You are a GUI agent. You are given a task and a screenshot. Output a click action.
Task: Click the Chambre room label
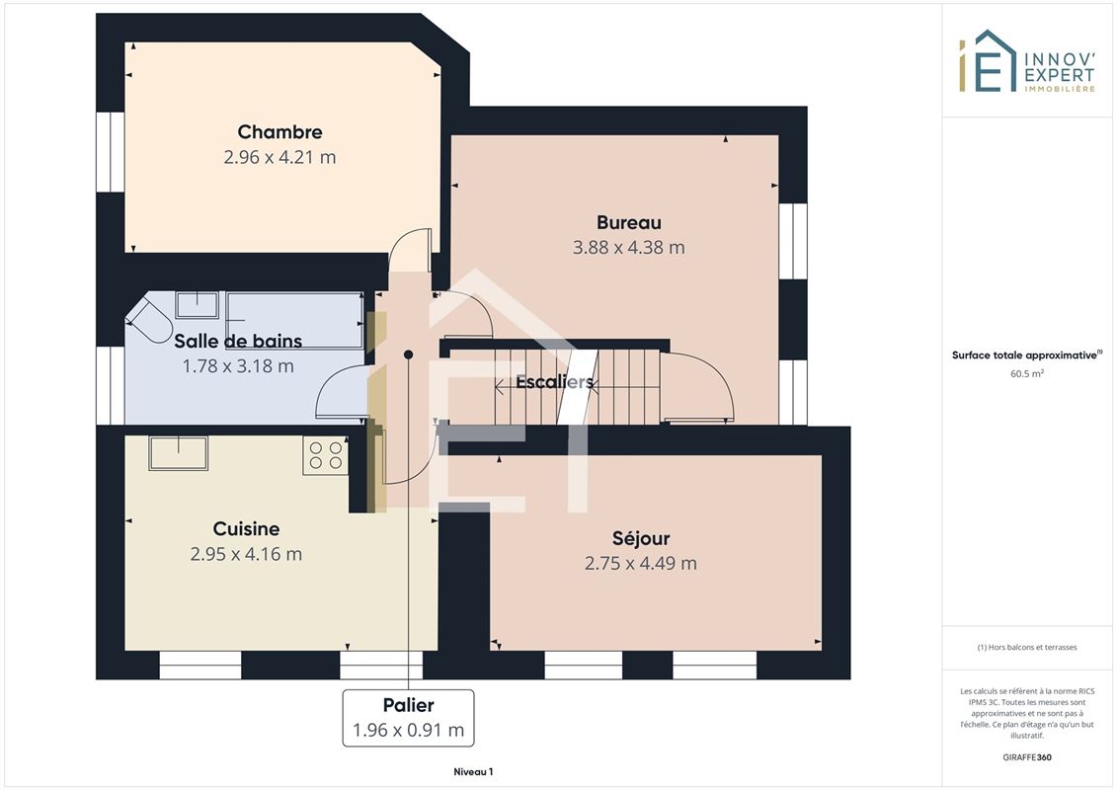tap(279, 131)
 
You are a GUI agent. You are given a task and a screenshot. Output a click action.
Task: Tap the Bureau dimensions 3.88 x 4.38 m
tap(629, 247)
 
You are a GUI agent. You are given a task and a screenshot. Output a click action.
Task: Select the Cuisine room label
tap(247, 528)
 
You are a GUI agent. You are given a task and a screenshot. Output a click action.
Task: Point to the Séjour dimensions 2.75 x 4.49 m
tap(640, 563)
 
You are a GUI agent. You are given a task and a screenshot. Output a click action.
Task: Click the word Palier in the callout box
tap(408, 705)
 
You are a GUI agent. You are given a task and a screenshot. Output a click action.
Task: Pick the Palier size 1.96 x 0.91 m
tap(408, 730)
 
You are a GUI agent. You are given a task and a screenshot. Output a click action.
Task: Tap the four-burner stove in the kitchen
tap(326, 455)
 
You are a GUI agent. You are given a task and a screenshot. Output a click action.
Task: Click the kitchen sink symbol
tap(178, 453)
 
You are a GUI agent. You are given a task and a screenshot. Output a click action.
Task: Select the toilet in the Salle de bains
tap(149, 321)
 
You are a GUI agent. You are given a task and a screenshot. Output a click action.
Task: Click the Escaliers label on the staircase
tap(554, 382)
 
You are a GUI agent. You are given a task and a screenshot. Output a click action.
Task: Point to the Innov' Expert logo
tap(1026, 61)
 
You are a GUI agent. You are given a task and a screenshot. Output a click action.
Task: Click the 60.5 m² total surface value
tap(1026, 373)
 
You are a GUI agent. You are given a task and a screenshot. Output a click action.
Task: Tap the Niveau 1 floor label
tap(473, 771)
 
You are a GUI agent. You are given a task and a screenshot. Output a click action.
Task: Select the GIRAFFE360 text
tap(1026, 757)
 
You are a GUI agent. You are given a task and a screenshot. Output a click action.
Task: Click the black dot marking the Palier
tap(408, 355)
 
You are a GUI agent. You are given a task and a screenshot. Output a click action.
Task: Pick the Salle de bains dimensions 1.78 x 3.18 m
tap(238, 366)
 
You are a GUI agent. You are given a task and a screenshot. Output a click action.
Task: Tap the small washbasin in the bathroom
tap(198, 305)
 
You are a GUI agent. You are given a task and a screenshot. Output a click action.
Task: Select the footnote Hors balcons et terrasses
tap(1026, 648)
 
